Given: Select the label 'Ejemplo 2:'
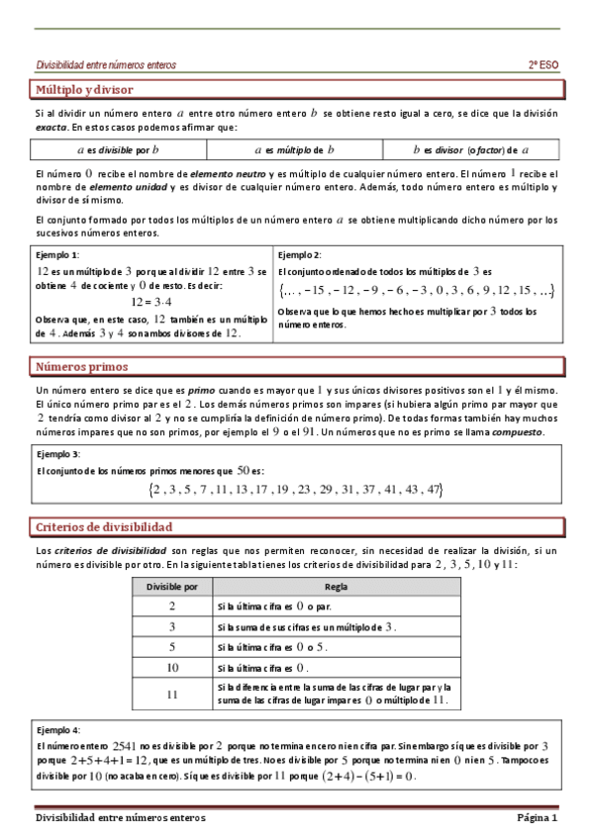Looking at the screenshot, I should (x=301, y=254).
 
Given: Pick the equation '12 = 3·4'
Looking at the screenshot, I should (x=151, y=303).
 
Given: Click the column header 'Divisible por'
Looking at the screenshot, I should (x=172, y=586).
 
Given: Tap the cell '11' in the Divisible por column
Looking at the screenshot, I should (x=171, y=695).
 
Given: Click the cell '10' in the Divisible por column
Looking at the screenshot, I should (x=171, y=668).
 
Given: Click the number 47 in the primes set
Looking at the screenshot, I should (x=432, y=490).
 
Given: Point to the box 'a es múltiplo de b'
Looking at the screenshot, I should (x=295, y=150).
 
